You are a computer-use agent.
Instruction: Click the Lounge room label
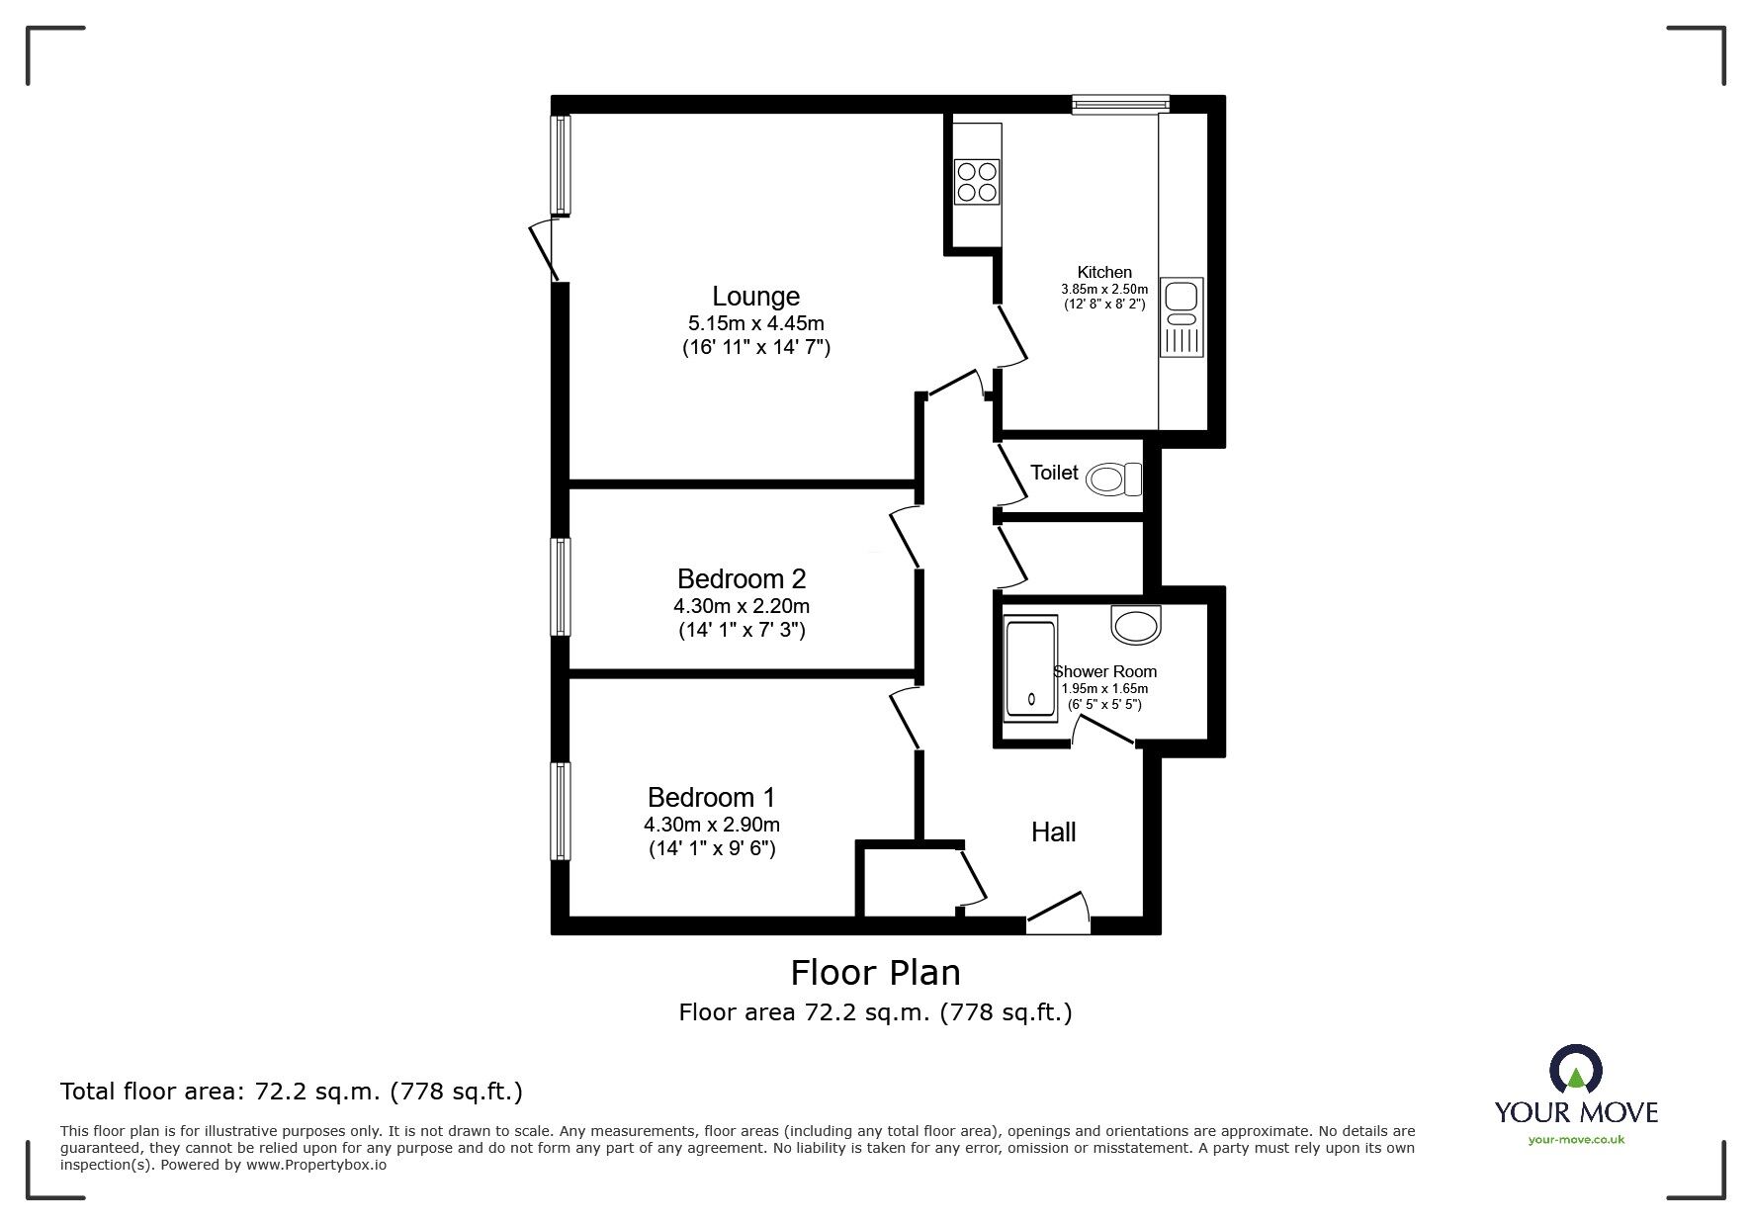tap(755, 297)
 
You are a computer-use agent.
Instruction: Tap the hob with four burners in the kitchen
tap(977, 182)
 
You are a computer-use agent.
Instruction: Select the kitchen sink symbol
tap(1182, 316)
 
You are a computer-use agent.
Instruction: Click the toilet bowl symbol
tap(1112, 481)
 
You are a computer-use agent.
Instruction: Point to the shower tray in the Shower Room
tap(1030, 668)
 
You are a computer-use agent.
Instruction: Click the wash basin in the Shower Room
tap(1136, 624)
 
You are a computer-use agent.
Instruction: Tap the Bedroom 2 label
tap(742, 578)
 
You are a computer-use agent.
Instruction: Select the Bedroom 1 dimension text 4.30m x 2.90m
tap(712, 825)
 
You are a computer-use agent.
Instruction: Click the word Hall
tap(1053, 832)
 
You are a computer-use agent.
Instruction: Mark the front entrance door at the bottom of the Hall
tap(1058, 914)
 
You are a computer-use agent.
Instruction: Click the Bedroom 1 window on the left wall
tap(561, 811)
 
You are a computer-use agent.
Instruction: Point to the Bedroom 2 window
tap(561, 586)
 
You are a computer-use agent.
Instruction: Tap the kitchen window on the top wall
tap(1121, 104)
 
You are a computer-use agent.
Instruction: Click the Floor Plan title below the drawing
tap(875, 973)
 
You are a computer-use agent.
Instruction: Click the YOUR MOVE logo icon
tap(1575, 1070)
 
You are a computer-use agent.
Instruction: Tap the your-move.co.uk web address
tap(1576, 1140)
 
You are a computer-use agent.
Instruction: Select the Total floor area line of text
tap(292, 1092)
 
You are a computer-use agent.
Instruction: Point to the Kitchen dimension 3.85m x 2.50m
tap(1104, 290)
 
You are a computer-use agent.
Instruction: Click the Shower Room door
tap(1104, 730)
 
